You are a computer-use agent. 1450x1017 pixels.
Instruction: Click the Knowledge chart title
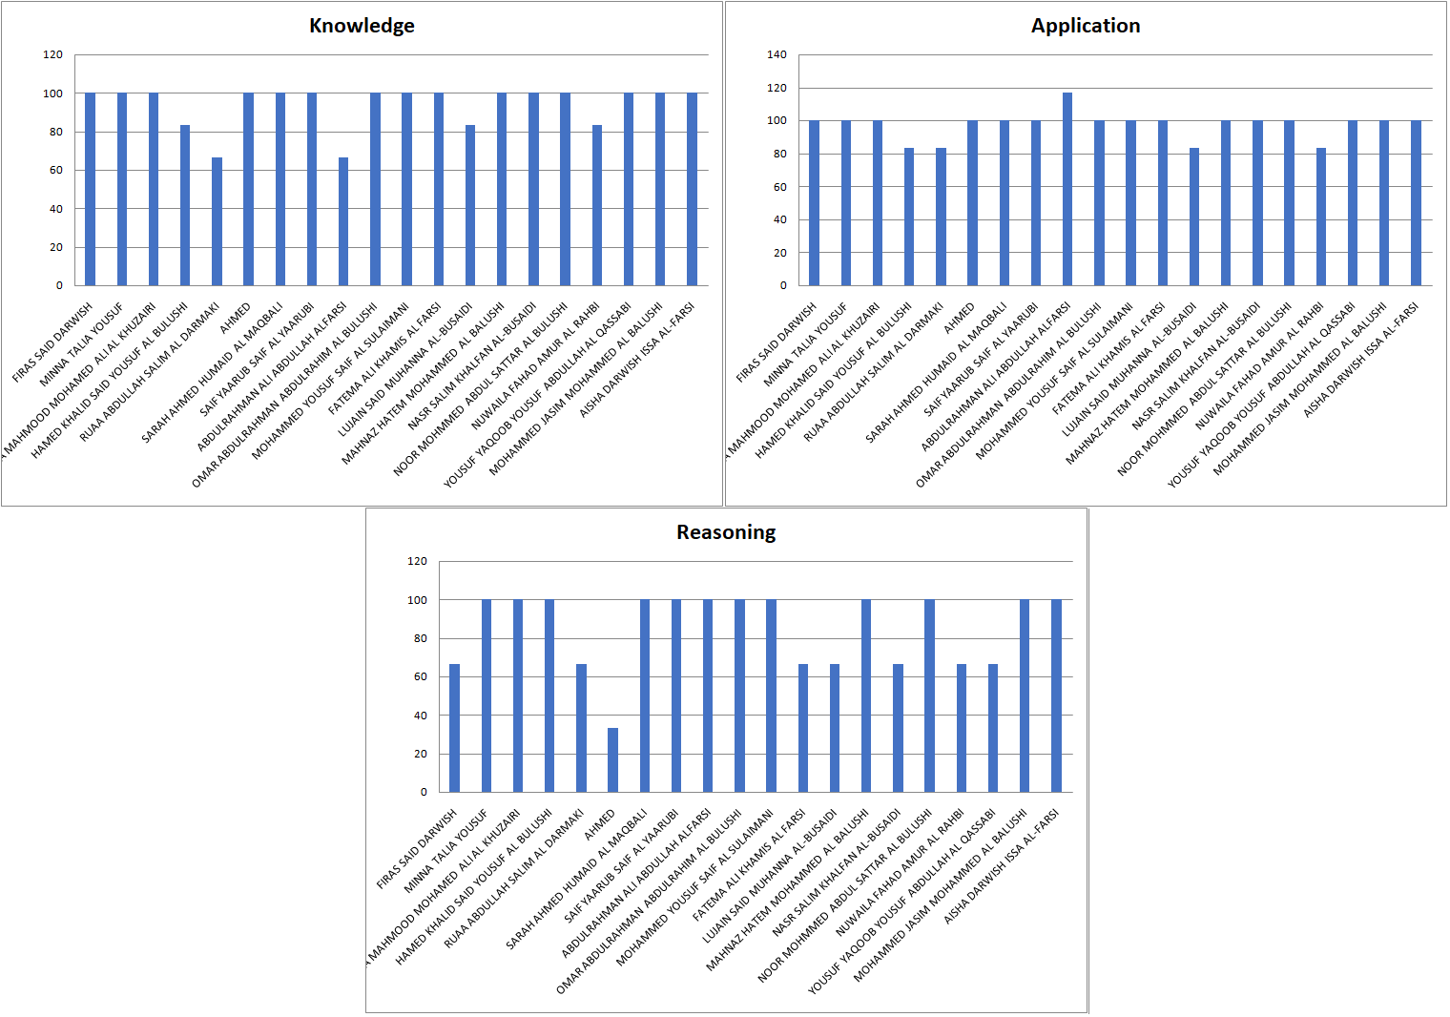362,26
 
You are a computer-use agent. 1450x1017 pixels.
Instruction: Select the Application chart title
1085,26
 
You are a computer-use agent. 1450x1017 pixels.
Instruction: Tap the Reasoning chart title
726,532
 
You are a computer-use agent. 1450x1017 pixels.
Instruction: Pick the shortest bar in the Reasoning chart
612,760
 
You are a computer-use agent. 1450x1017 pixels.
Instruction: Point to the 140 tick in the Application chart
777,55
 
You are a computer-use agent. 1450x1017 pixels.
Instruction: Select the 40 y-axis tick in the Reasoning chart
420,716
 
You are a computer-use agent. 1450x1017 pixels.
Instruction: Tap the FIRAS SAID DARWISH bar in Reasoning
454,728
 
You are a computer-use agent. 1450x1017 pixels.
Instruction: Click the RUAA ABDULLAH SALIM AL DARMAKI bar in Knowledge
217,221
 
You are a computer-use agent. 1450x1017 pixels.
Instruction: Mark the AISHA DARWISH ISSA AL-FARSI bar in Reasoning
1056,695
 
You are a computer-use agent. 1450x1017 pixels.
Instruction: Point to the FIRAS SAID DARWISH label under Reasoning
417,849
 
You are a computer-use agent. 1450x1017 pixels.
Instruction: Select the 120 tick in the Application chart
777,88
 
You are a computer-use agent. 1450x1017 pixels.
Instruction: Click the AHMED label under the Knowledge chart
236,318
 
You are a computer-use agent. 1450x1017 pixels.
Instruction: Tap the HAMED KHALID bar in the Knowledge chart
185,205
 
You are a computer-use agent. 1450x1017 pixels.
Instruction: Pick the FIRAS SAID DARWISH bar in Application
814,203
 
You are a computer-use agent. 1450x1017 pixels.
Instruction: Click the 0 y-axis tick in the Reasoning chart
424,792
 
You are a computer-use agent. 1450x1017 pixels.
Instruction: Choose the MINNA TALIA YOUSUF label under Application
806,344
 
